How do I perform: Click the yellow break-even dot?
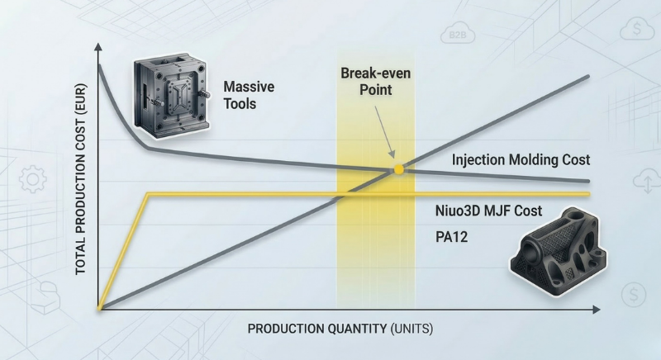[399, 169]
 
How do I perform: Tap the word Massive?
[249, 88]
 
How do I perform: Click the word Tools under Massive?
[240, 104]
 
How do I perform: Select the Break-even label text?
[376, 73]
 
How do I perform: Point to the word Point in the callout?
[376, 88]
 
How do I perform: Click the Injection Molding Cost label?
[521, 159]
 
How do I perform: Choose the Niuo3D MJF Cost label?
[488, 211]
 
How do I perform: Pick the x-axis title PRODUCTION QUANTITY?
[314, 329]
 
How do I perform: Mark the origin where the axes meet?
[99, 309]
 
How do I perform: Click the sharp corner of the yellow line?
[147, 194]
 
